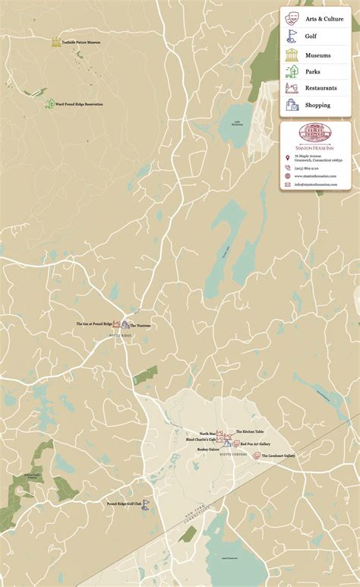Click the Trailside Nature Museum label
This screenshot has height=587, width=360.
coord(81,43)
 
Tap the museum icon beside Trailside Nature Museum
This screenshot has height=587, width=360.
coord(56,43)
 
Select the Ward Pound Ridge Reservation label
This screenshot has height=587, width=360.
coord(79,104)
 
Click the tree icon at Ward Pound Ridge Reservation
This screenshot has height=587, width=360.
coord(49,104)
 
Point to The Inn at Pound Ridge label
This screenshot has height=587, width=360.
coord(93,323)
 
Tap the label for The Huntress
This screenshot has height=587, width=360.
coord(141,326)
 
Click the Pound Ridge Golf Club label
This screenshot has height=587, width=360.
coord(125,503)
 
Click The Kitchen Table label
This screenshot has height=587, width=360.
coord(249,431)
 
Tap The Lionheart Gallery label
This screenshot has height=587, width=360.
coord(278,456)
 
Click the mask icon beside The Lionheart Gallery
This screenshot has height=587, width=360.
coord(257,456)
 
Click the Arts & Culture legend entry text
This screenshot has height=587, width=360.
coord(324,19)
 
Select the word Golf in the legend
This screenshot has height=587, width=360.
coord(311,36)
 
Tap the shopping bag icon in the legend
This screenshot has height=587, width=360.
coord(292,106)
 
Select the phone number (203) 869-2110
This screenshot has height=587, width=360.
coord(306,167)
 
